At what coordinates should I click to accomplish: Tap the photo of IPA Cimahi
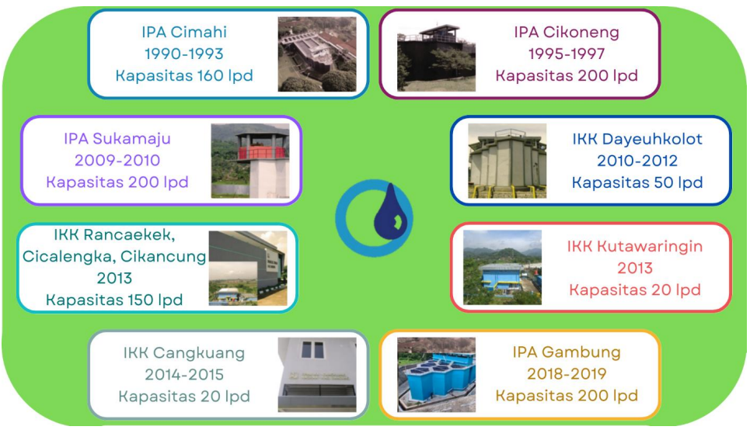317,54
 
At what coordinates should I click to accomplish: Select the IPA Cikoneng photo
436,57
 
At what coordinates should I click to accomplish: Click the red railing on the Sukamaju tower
262,153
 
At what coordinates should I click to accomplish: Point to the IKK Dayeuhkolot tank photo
507,161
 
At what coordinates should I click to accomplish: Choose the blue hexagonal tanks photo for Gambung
436,375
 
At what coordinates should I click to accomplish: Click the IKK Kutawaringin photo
502,268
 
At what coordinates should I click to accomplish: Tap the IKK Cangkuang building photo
317,375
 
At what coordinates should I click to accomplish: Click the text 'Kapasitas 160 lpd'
184,75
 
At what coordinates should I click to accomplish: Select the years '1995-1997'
567,54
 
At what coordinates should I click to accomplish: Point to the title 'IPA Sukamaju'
117,139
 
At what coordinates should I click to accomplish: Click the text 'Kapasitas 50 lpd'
637,182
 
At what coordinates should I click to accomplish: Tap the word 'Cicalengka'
67,257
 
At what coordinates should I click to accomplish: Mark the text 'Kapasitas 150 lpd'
114,300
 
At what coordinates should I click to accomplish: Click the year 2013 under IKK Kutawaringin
635,268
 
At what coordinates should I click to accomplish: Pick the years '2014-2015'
184,375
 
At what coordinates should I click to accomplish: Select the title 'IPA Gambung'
567,352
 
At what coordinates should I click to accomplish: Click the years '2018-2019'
567,373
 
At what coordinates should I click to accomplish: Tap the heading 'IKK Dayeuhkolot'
637,139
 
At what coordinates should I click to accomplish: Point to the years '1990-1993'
184,54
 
